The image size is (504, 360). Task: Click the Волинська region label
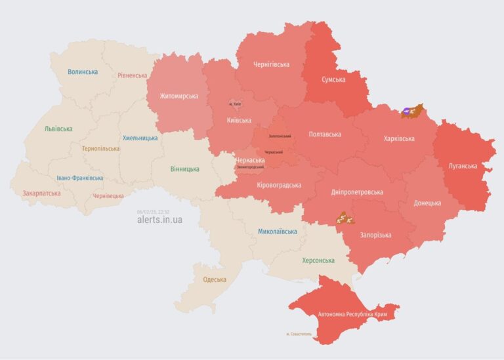tap(83, 71)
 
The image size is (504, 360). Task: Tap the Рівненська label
tap(133, 75)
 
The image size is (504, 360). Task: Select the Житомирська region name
tap(178, 96)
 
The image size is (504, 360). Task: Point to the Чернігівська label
tap(271, 64)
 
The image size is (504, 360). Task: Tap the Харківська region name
tap(398, 138)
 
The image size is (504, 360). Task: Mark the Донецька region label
tap(427, 203)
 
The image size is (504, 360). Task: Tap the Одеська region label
tap(215, 279)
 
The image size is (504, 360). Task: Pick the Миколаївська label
tap(277, 231)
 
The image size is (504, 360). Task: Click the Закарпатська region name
tap(41, 193)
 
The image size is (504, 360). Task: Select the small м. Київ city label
tap(234, 104)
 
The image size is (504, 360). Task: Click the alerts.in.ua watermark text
tap(159, 220)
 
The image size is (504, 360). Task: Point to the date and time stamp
tap(153, 211)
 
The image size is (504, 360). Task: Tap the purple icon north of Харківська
tap(408, 111)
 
